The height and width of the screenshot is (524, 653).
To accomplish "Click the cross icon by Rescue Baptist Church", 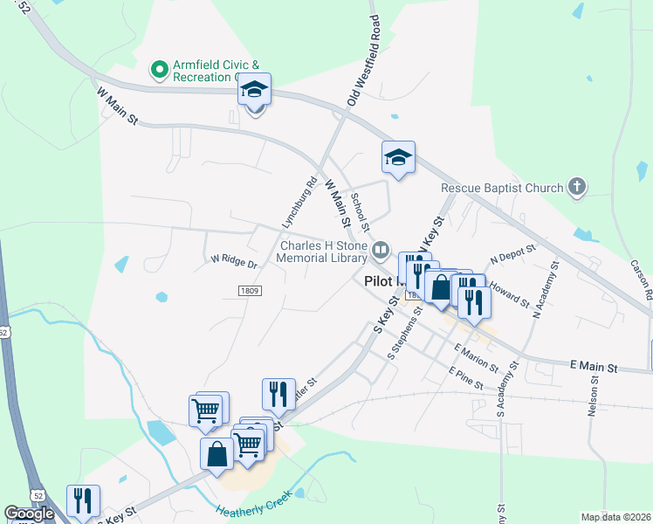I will [x=575, y=186].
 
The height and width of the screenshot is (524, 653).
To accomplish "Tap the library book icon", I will [x=381, y=252].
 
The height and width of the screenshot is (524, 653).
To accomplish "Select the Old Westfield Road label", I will [x=363, y=61].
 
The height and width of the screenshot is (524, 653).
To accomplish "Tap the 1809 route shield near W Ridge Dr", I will [x=249, y=290].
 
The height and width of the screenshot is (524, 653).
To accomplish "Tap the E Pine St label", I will [x=465, y=376].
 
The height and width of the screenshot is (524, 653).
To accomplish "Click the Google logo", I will [x=29, y=514].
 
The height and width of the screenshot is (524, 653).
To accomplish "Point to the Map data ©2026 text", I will [x=615, y=517].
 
